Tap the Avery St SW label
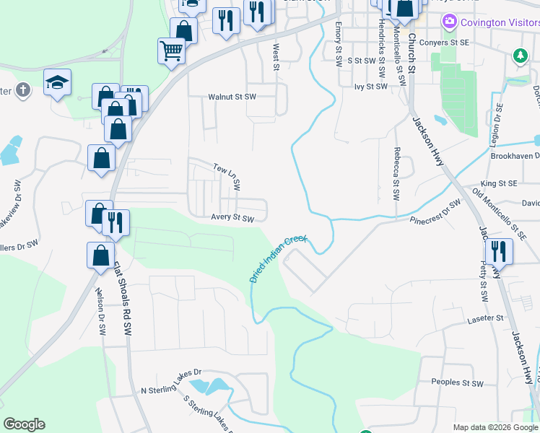[x=233, y=218]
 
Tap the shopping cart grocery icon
[x=172, y=51]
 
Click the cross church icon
[x=23, y=90]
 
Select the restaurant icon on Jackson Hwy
[x=498, y=252]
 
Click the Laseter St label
[x=484, y=318]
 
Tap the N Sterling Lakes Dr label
[x=170, y=380]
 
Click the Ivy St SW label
[x=371, y=86]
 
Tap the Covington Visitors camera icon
[x=450, y=22]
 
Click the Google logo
[x=25, y=424]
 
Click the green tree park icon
[x=519, y=55]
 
